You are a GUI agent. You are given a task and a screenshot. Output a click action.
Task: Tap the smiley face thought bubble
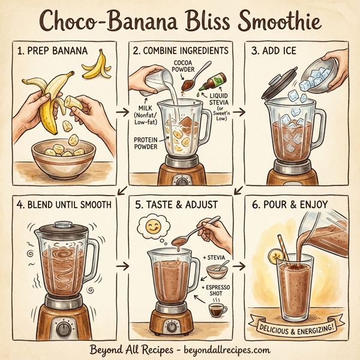click(x=151, y=227)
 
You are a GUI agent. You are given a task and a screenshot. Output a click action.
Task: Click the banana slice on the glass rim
click(x=276, y=257)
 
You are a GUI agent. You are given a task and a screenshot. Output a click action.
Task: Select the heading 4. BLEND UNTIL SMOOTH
click(x=64, y=205)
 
